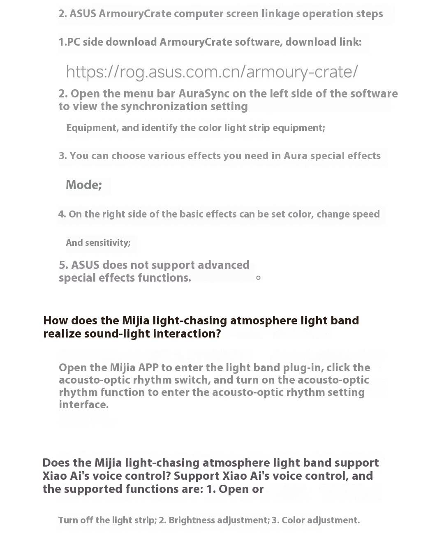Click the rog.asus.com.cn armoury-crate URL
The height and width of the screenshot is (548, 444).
212,72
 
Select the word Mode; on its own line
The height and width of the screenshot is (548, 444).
84,185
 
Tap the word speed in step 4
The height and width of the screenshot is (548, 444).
365,214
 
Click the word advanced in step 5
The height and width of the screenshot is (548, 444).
223,265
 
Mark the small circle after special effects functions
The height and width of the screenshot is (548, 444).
258,278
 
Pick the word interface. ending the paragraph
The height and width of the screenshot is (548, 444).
83,405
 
